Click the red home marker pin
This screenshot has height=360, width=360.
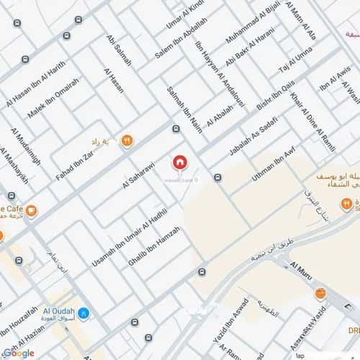[179, 163]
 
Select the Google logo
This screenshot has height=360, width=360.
[18, 353]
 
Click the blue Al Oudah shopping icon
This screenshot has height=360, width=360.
[84, 313]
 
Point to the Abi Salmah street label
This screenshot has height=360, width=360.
[118, 50]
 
